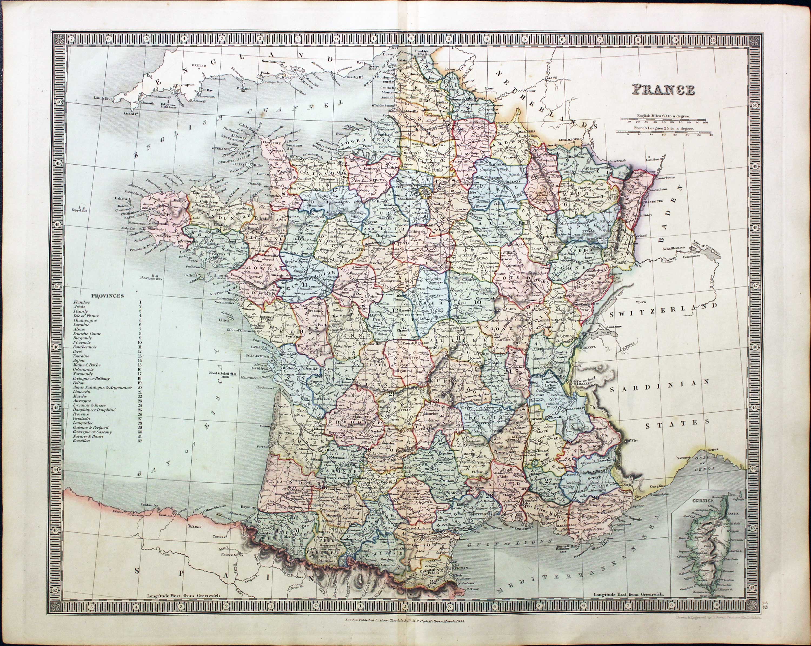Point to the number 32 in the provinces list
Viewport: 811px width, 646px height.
pos(139,441)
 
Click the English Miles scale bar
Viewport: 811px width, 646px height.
pos(665,120)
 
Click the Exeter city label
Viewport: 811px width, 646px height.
pos(200,65)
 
